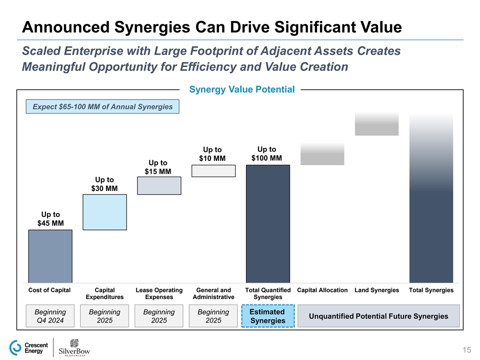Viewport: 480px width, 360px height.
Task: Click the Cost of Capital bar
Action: click(50, 256)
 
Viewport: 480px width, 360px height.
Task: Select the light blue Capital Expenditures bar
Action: click(104, 212)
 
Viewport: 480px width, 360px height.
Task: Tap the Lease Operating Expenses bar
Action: click(159, 185)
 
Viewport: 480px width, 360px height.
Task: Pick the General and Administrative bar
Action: click(213, 171)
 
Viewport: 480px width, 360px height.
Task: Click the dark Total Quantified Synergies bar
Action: click(268, 223)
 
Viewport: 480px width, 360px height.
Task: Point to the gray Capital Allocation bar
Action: click(322, 154)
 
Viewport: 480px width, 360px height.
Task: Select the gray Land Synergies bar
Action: click(376, 124)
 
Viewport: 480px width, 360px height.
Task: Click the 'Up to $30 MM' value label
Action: click(104, 184)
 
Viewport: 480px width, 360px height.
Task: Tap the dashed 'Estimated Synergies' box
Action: click(267, 316)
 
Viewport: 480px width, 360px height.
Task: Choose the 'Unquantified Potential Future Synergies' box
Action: click(378, 316)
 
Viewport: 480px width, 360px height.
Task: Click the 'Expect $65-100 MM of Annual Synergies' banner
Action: click(102, 106)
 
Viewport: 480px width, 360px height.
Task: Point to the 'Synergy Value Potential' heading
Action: click(242, 89)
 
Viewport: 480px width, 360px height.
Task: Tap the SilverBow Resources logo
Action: click(75, 348)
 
